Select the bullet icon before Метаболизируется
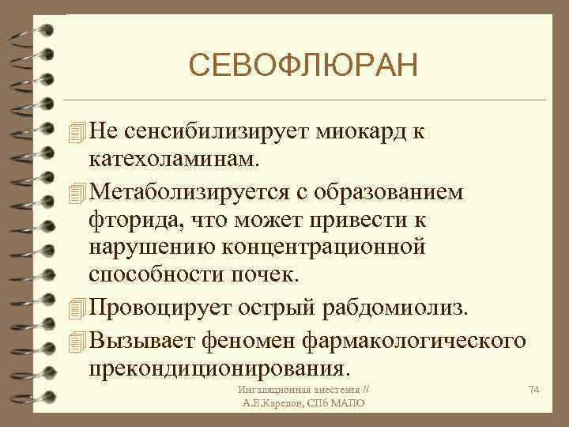point(76,192)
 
